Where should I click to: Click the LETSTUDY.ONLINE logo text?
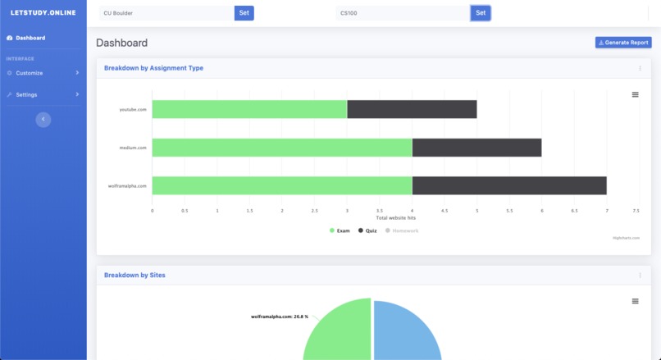(x=43, y=12)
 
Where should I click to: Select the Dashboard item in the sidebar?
(x=30, y=38)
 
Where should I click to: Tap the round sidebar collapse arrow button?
(x=43, y=120)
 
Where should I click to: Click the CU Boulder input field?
(x=166, y=13)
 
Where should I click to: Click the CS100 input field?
(x=403, y=13)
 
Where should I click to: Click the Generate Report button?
(x=623, y=43)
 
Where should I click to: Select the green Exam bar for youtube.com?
(x=249, y=109)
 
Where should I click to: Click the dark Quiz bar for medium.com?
(x=476, y=148)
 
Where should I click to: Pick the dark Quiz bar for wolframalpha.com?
(x=508, y=185)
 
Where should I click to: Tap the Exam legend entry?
(x=340, y=230)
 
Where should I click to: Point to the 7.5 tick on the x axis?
(x=636, y=211)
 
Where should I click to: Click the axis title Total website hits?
(x=395, y=217)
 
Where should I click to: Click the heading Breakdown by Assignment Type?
(x=153, y=68)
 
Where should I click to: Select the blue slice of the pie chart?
(x=410, y=332)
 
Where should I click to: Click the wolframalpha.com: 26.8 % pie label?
(x=280, y=317)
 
